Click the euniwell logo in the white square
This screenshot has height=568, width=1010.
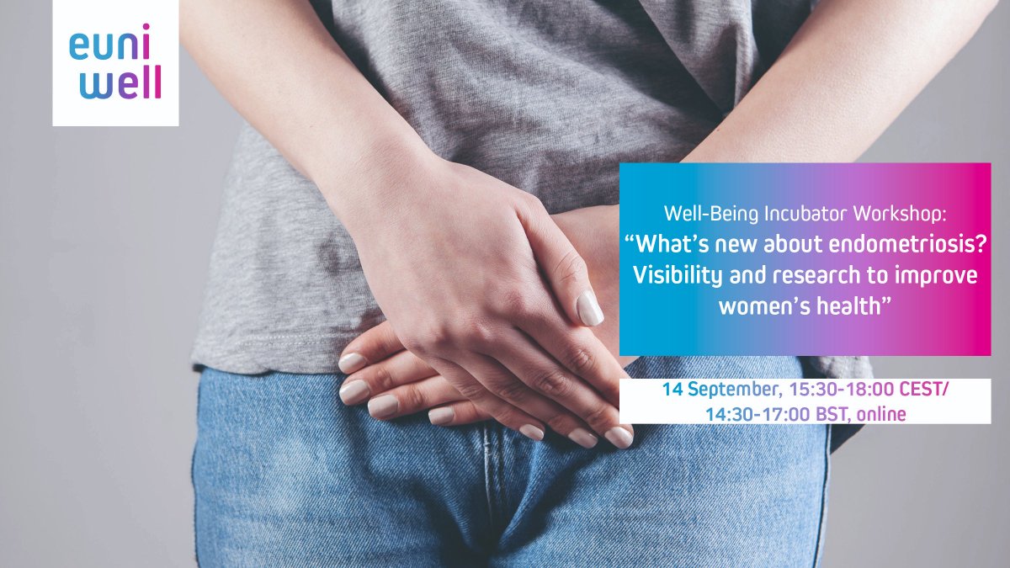115,62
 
